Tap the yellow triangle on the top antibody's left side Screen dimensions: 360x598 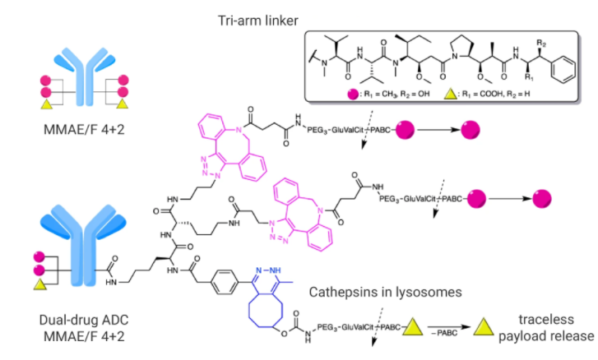[x=21, y=105]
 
